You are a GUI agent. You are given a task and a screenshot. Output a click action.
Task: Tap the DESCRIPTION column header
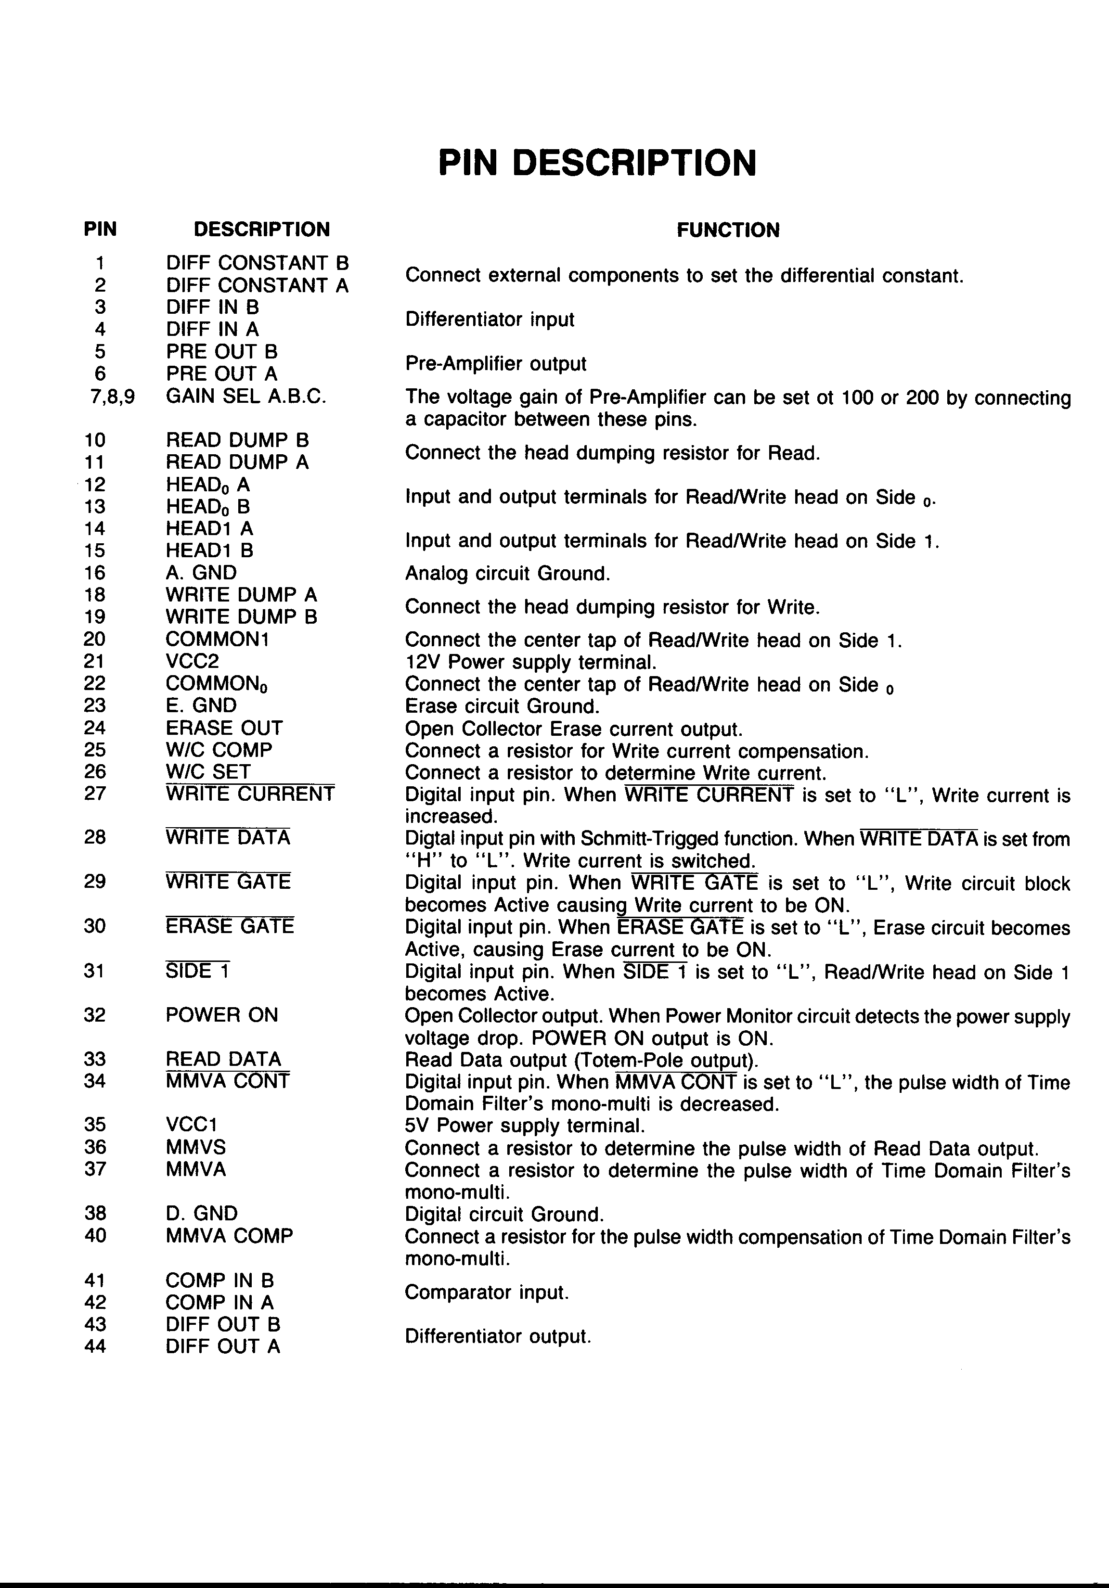click(261, 229)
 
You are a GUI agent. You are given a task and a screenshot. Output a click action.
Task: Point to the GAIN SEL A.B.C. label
click(245, 397)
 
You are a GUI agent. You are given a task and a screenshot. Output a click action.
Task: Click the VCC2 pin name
click(193, 661)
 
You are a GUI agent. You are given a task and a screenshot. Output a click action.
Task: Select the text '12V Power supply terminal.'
click(530, 662)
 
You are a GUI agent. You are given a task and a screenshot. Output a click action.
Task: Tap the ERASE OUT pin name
click(224, 728)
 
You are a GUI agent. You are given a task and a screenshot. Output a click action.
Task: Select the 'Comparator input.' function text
click(486, 1292)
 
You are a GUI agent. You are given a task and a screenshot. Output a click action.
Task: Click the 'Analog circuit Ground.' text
click(507, 574)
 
